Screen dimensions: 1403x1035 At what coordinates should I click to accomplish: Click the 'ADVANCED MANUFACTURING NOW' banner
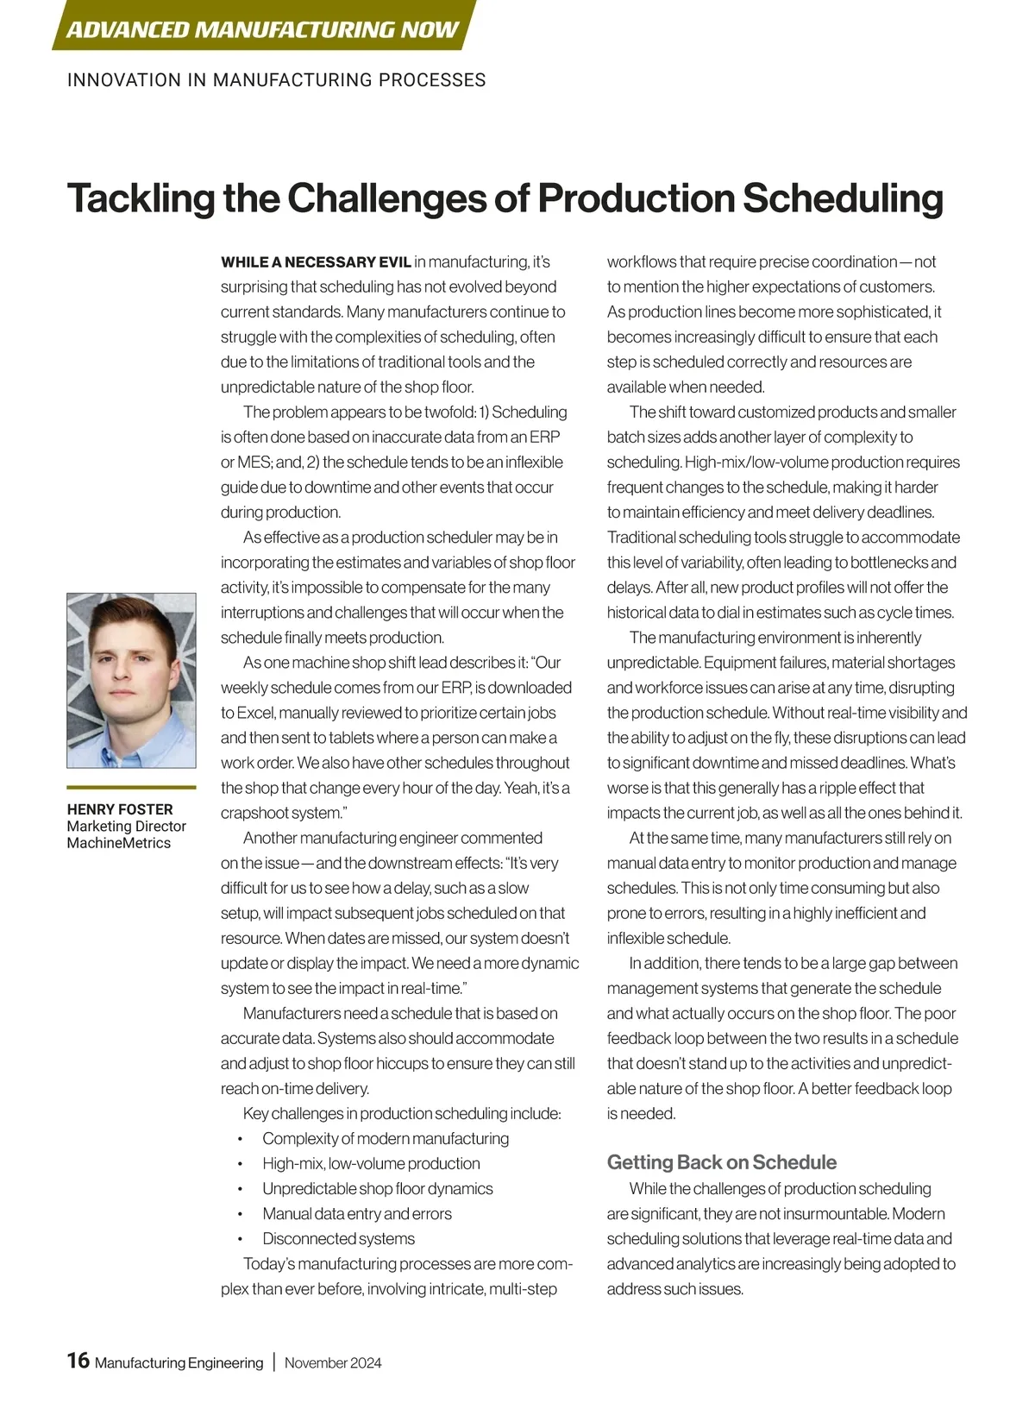pos(262,29)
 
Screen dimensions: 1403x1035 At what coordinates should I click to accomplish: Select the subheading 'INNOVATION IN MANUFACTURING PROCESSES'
pos(276,80)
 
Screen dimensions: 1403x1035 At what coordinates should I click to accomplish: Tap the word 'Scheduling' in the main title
pos(843,198)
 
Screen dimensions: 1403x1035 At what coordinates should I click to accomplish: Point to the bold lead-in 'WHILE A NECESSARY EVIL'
pos(316,262)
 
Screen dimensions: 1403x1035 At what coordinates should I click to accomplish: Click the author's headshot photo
pos(131,680)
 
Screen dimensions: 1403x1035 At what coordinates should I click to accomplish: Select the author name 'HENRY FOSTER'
pos(120,809)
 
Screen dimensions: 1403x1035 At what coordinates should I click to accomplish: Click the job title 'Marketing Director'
pos(127,827)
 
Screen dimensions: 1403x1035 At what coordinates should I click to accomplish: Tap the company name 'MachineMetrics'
pos(119,843)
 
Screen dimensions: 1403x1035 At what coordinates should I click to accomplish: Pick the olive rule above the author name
pos(131,787)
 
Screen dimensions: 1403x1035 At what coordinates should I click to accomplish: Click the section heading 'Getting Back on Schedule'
pos(722,1162)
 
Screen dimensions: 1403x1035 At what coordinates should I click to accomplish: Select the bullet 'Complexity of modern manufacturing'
pos(386,1139)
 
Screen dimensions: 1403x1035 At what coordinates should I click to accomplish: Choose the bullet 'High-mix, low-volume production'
pos(371,1164)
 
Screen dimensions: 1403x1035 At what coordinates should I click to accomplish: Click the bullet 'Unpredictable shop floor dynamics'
pos(378,1189)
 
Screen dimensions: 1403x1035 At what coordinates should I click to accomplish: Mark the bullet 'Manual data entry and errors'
pos(357,1214)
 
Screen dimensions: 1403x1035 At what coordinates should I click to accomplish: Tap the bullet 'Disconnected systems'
pos(338,1239)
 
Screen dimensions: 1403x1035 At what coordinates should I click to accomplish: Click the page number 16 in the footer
pos(78,1361)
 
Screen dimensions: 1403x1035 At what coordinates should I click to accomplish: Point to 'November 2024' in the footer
pos(333,1363)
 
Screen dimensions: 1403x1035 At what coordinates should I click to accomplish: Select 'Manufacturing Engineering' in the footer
pos(179,1363)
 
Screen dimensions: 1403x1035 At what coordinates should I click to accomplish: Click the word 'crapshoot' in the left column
pos(254,814)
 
